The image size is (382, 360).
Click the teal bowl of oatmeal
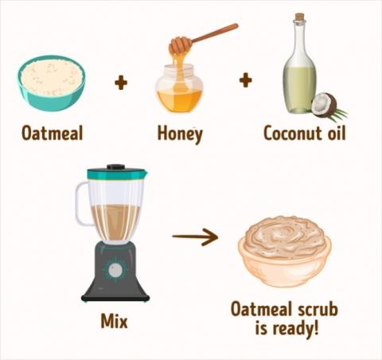(x=52, y=83)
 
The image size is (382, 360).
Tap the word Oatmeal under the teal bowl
(x=53, y=133)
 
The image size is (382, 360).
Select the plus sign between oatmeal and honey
(x=121, y=82)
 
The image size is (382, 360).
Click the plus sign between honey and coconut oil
(x=246, y=80)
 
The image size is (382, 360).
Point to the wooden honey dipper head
(x=180, y=45)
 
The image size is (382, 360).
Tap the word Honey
(x=180, y=134)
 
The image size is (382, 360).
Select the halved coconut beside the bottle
(x=324, y=104)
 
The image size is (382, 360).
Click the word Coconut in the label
(x=293, y=133)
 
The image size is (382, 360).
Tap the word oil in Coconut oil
(x=337, y=132)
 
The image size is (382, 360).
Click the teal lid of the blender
(x=117, y=174)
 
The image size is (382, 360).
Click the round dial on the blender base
(x=115, y=270)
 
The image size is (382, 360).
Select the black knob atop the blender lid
(x=116, y=167)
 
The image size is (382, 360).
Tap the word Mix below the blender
(x=115, y=321)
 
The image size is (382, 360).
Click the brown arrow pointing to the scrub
(x=195, y=237)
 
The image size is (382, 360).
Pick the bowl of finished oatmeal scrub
(x=284, y=251)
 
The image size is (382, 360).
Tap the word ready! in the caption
(x=295, y=329)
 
